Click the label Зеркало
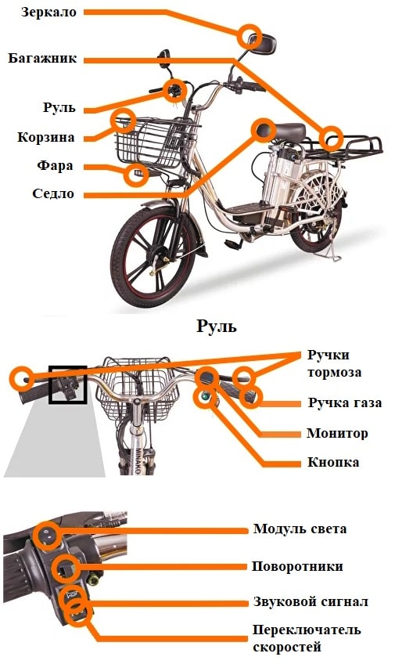49,12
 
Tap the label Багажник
42,58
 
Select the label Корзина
45,137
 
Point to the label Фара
55,165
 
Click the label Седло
53,193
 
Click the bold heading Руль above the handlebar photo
217,327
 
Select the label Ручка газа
345,402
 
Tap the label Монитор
337,433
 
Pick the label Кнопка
333,462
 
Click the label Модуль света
300,529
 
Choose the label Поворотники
297,566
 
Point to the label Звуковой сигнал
311,601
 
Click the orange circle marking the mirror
249,38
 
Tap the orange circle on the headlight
136,175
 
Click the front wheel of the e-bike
153,255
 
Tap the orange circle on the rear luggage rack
330,139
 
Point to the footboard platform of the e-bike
247,209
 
